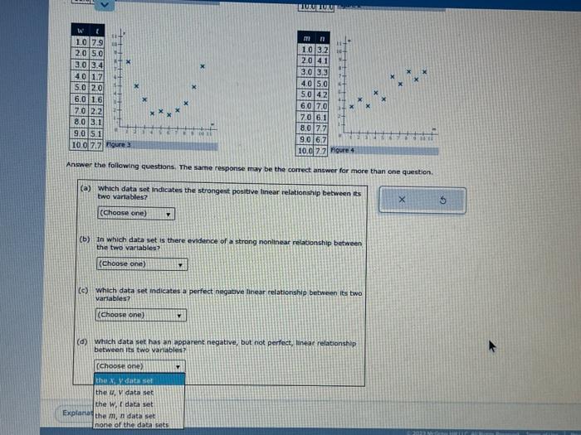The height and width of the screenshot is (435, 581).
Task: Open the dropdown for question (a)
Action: point(136,213)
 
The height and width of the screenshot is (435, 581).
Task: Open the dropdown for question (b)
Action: point(141,264)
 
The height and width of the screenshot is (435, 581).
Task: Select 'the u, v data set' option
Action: point(125,392)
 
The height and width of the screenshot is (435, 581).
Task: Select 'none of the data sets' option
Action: point(132,424)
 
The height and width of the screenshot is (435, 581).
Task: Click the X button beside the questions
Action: point(401,200)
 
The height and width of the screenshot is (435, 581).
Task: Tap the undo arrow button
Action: point(443,200)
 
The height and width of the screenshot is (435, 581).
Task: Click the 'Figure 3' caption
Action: point(119,144)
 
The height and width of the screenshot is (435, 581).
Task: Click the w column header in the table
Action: point(81,31)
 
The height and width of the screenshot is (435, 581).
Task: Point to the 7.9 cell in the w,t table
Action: point(96,41)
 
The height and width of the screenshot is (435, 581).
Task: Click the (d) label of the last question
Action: point(83,341)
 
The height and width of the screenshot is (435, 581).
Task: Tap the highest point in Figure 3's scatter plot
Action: point(128,60)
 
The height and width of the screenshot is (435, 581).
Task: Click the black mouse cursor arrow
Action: point(492,347)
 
